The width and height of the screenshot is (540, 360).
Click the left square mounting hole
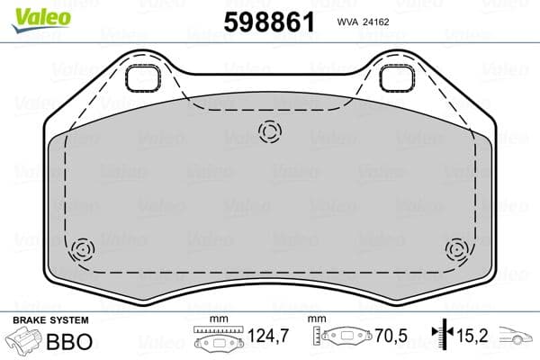coord(143,79)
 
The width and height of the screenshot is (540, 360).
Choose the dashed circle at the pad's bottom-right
coord(456,247)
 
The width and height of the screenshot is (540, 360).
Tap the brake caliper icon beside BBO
coord(25,342)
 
